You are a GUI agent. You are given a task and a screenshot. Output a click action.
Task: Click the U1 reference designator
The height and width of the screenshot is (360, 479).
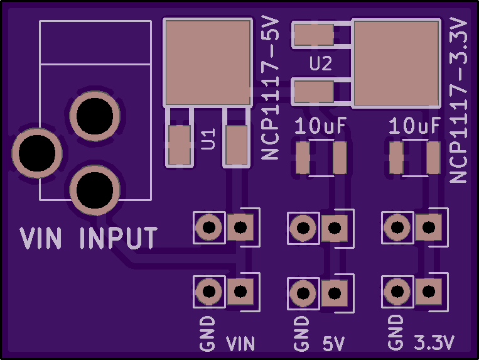(x=208, y=139)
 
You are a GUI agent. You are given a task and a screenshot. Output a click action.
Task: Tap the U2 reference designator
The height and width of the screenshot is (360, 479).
(x=320, y=63)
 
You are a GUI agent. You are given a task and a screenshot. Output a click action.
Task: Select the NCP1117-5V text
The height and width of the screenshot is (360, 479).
(x=271, y=89)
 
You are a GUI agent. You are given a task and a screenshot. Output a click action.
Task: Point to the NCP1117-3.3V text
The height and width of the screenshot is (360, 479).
(x=458, y=101)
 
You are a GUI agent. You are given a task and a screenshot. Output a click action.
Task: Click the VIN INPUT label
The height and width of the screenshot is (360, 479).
(x=89, y=237)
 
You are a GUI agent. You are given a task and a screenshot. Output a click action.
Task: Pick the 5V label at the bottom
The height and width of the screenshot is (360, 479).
(x=333, y=344)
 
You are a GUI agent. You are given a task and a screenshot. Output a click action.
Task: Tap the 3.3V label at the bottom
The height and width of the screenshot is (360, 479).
(x=434, y=342)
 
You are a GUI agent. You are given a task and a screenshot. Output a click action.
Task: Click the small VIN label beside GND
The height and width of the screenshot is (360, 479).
(x=240, y=344)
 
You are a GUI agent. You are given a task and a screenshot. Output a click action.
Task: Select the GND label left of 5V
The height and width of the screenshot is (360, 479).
(x=301, y=334)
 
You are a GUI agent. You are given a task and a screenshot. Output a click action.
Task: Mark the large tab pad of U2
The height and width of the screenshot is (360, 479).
(x=396, y=63)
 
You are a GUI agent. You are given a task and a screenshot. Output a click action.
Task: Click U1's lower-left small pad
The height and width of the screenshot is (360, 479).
(x=180, y=145)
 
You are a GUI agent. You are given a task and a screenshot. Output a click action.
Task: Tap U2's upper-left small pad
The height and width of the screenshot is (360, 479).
(x=314, y=35)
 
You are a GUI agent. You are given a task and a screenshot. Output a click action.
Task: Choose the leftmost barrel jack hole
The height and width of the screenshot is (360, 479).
(x=37, y=153)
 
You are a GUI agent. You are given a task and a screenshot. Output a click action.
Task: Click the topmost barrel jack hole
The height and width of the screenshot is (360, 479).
(x=95, y=116)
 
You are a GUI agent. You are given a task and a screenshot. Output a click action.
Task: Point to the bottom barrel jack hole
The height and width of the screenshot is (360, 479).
(x=95, y=190)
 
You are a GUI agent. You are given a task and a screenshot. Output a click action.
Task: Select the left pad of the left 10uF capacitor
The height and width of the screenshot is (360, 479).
(x=303, y=158)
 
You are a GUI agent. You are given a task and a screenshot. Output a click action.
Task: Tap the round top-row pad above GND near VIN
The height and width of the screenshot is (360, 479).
(x=209, y=227)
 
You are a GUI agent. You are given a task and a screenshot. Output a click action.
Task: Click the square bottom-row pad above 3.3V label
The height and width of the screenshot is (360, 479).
(x=429, y=292)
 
